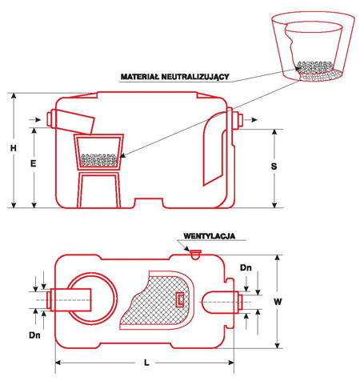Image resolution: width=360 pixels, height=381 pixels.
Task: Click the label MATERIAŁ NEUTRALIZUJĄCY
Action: (175, 77)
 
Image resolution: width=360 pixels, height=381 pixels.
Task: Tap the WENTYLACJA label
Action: (210, 236)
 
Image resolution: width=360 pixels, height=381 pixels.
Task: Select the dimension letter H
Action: (14, 148)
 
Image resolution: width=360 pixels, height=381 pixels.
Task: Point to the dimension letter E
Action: (33, 163)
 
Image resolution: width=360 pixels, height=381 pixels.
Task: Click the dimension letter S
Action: (274, 166)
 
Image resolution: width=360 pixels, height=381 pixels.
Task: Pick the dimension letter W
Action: (278, 302)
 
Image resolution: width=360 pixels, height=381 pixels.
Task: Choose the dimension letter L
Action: (146, 363)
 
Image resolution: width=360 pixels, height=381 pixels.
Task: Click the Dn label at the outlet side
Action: (246, 267)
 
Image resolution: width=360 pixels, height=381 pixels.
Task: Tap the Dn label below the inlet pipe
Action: (34, 335)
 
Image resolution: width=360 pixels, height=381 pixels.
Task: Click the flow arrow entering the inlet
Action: (35, 120)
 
